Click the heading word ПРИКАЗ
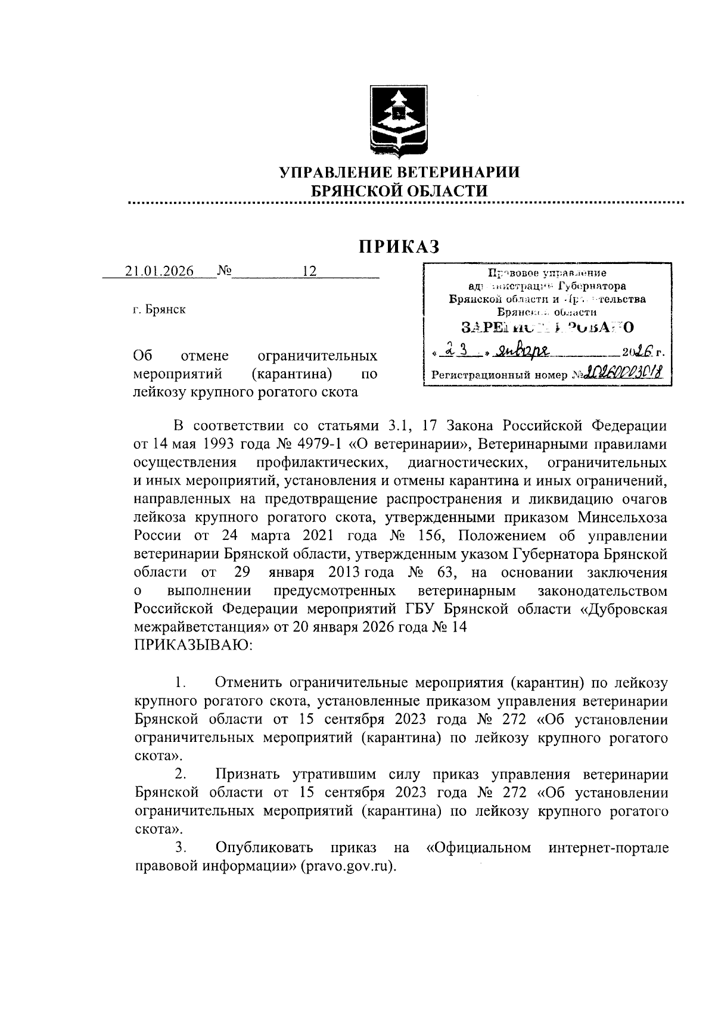tap(399, 246)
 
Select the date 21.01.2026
tap(160, 271)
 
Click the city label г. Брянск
tap(159, 310)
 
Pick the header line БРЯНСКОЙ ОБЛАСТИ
tap(400, 191)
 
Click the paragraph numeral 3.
tap(181, 847)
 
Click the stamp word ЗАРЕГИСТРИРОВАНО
tap(547, 327)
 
